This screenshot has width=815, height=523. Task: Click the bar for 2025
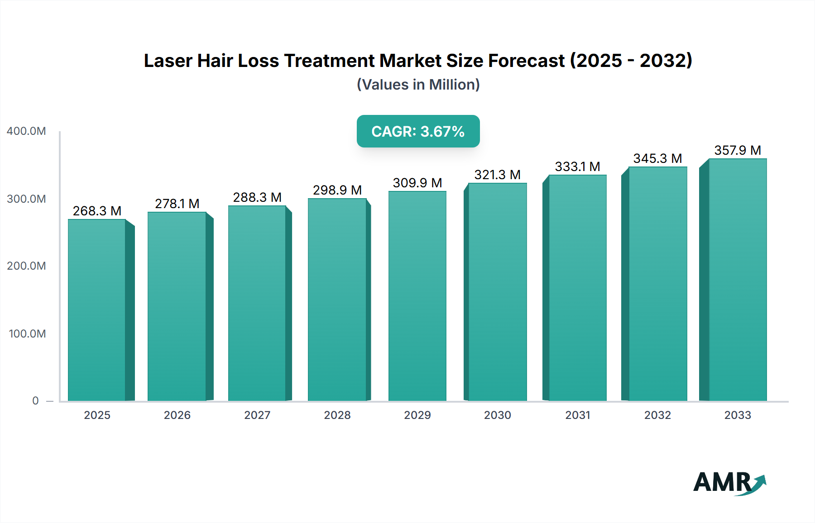pyautogui.click(x=97, y=310)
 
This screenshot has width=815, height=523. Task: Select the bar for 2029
pyautogui.click(x=417, y=296)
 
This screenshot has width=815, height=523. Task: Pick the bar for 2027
pyautogui.click(x=257, y=303)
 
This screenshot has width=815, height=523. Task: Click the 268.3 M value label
pyautogui.click(x=97, y=211)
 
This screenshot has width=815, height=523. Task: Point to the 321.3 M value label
pyautogui.click(x=497, y=175)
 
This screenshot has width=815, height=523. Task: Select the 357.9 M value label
pyautogui.click(x=737, y=150)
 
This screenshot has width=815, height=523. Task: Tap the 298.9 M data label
pyautogui.click(x=337, y=190)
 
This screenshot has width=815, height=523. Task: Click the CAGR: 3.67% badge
pyautogui.click(x=418, y=131)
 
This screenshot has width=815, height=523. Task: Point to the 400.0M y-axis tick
pyautogui.click(x=26, y=131)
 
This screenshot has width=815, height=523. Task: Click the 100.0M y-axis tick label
pyautogui.click(x=27, y=334)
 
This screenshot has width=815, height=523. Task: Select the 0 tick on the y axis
pyautogui.click(x=35, y=401)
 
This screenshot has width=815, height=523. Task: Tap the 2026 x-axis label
pyautogui.click(x=177, y=415)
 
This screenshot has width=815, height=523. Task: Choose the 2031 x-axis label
pyautogui.click(x=577, y=415)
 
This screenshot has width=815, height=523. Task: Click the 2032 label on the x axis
pyautogui.click(x=657, y=415)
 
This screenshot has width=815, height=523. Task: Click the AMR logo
pyautogui.click(x=729, y=483)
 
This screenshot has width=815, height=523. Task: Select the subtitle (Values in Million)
pyautogui.click(x=418, y=85)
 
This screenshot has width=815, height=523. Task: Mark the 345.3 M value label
pyautogui.click(x=657, y=158)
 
